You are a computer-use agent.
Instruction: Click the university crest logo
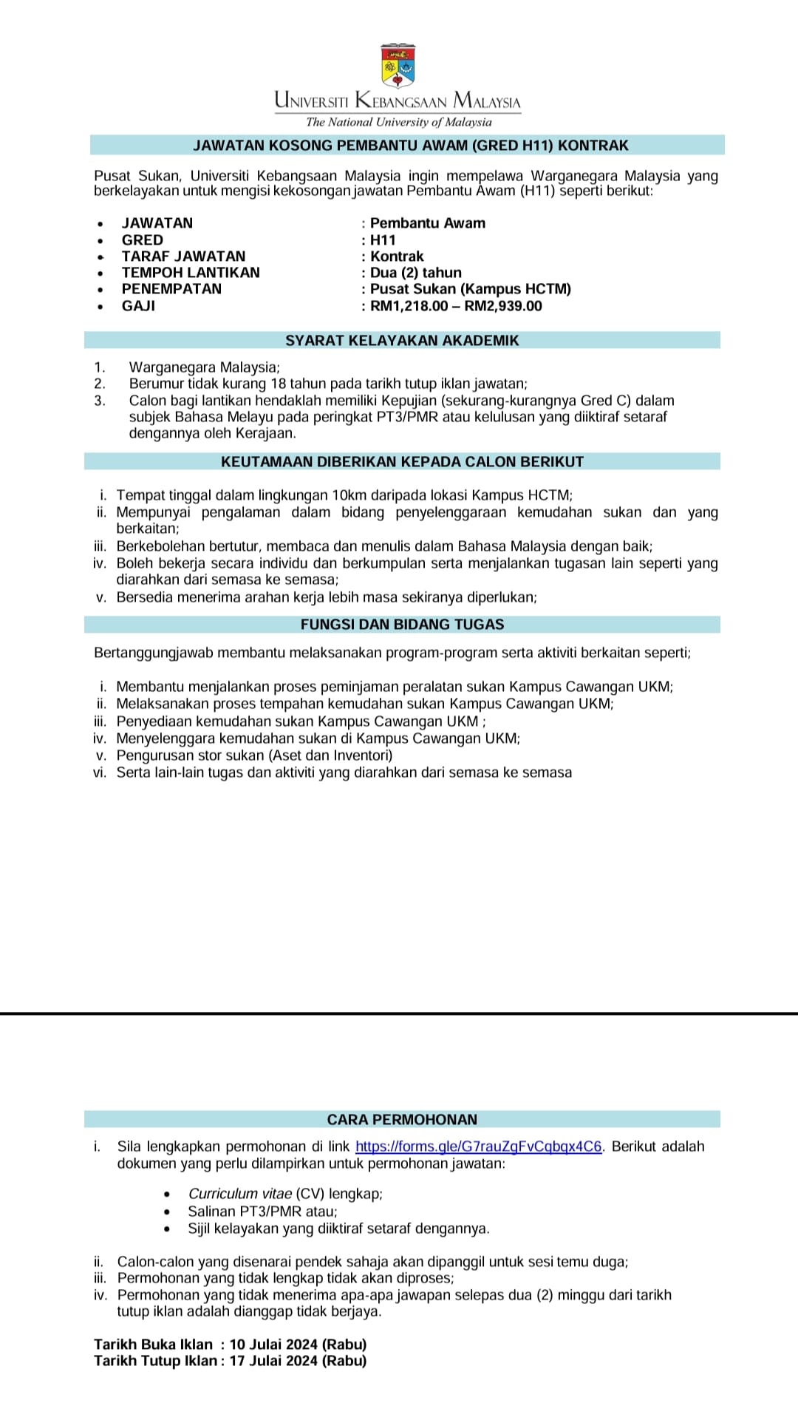[398, 66]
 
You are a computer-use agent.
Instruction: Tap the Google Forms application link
[478, 1146]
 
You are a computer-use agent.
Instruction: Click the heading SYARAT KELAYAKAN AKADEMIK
[402, 341]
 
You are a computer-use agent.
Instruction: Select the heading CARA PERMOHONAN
[402, 1119]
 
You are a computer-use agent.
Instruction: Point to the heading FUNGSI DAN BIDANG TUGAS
[402, 625]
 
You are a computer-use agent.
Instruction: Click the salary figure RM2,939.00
[503, 306]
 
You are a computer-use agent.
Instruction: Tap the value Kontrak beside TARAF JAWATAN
[397, 257]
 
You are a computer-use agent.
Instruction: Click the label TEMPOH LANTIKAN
[191, 273]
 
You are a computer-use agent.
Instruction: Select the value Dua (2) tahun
[416, 273]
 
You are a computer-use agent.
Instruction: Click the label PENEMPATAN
[171, 289]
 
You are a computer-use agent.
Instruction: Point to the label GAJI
[138, 306]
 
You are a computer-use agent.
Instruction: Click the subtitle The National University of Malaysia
[398, 122]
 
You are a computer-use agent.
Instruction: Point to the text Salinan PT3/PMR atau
[262, 1211]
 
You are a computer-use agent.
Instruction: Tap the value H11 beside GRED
[383, 240]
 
